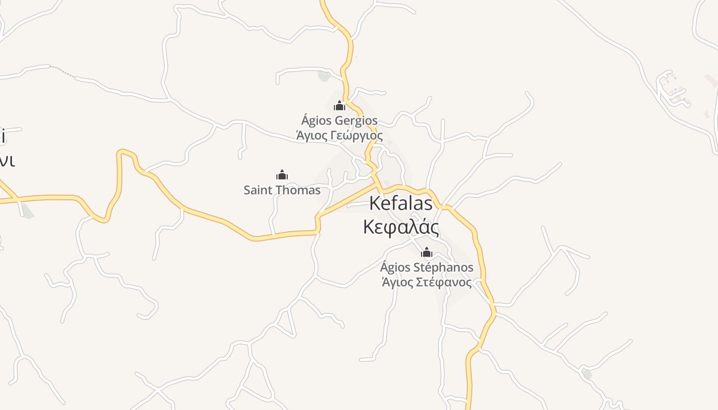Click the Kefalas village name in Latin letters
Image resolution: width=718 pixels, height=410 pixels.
point(401,203)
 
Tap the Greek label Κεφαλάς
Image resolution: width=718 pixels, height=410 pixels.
point(401,227)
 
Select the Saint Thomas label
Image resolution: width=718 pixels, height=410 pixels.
point(282,190)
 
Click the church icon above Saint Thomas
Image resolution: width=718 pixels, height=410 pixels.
point(282,175)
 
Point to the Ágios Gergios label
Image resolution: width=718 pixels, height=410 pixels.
point(340,121)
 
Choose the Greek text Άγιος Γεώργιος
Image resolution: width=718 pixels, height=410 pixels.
point(340,136)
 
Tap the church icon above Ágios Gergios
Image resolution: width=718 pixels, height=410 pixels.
point(339,106)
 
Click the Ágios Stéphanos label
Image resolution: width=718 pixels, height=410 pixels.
point(427,268)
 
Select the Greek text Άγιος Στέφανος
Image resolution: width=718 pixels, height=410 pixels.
point(427,282)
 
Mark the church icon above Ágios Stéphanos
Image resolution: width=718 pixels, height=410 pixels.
point(427,252)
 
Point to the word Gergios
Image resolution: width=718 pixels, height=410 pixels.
point(356,121)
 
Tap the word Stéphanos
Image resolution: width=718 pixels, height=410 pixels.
point(443,268)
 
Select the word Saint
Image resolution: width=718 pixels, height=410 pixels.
point(257,190)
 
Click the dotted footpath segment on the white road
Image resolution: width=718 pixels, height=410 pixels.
point(63,71)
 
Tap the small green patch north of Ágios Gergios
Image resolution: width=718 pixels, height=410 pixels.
point(324,76)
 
